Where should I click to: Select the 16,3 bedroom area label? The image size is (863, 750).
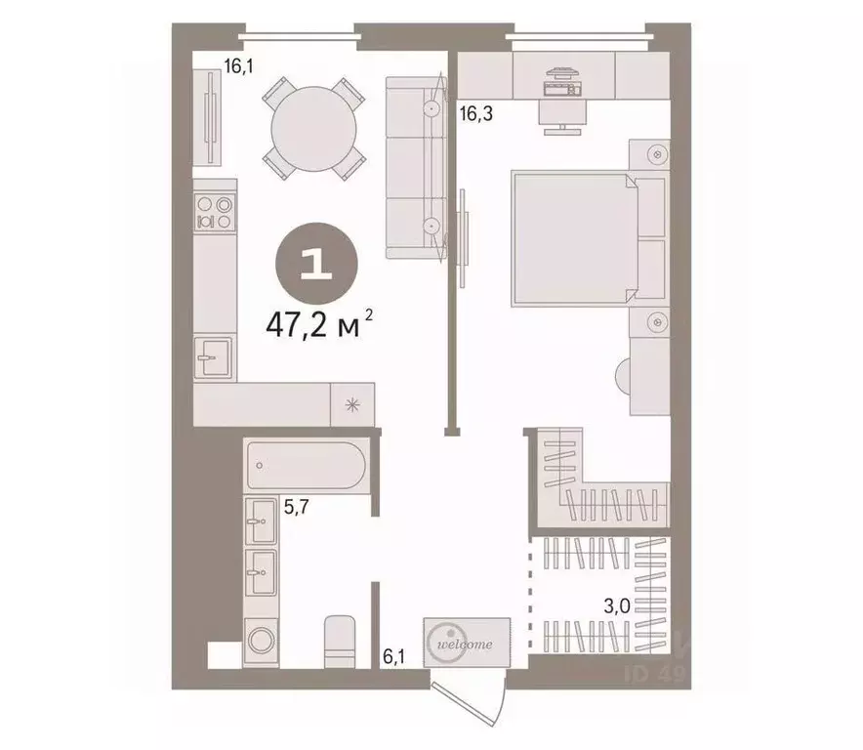point(475,113)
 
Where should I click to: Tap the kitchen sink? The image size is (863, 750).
point(213,358)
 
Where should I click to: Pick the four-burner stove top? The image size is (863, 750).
point(215,213)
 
